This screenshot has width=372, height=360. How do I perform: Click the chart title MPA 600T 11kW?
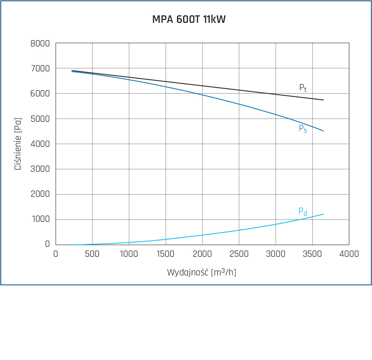pos(189,19)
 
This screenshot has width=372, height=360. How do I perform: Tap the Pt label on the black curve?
pos(303,88)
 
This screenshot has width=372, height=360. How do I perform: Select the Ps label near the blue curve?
pos(303,129)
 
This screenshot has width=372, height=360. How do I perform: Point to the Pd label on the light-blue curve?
pos(303,211)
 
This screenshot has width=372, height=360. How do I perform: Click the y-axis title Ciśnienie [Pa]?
pos(18,144)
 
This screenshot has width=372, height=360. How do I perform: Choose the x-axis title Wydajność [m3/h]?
pos(202,272)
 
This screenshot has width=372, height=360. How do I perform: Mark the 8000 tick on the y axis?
pos(40,44)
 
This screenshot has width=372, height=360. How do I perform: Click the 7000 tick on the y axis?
pos(40,69)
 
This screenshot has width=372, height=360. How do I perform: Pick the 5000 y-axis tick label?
pos(40,119)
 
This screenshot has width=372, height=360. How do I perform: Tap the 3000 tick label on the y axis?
pos(40,169)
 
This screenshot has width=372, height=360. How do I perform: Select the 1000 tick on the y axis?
pos(40,220)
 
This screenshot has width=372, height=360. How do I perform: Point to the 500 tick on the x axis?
pos(92,254)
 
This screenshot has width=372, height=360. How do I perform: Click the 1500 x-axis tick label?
pos(166,254)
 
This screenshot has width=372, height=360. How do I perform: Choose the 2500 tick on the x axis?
pos(239,254)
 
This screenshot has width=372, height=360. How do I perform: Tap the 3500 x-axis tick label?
pos(312,254)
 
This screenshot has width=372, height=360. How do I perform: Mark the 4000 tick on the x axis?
pos(349,254)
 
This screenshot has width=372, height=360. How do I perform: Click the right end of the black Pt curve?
pos(323,100)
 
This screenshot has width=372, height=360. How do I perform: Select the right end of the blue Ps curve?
pos(323,131)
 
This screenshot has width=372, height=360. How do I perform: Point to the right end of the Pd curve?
pos(323,214)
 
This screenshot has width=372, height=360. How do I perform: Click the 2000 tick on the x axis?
pos(202,254)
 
